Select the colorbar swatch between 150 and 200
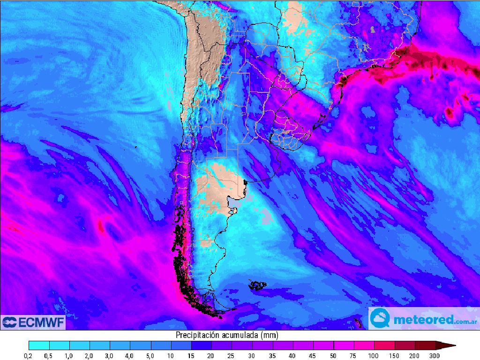(x=405, y=346)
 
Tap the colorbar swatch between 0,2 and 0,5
(x=39, y=346)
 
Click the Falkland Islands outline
(x=258, y=285)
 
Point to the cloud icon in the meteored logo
(x=380, y=319)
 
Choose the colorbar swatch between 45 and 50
(x=323, y=346)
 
